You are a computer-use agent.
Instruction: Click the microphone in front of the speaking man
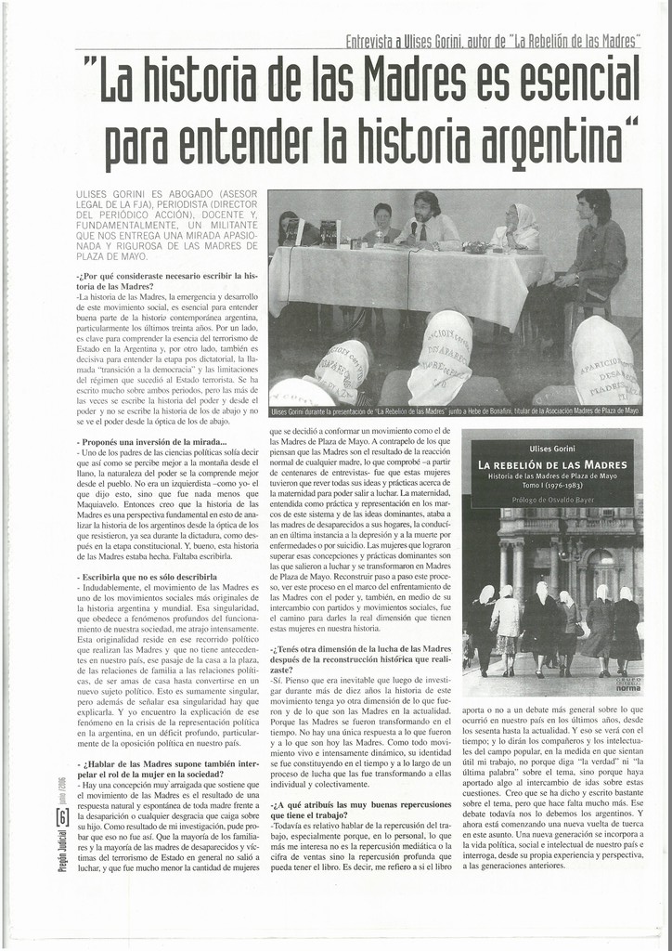click(413, 229)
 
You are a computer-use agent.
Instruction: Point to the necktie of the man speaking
click(422, 232)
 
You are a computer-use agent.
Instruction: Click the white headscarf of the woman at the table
click(525, 218)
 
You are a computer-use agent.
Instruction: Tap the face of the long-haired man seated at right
click(589, 206)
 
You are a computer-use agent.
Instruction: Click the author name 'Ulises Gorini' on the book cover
click(553, 449)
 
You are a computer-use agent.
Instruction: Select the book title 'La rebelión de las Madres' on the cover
click(553, 464)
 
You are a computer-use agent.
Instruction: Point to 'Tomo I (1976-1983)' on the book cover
click(553, 486)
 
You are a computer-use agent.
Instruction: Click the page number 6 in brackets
click(61, 817)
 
